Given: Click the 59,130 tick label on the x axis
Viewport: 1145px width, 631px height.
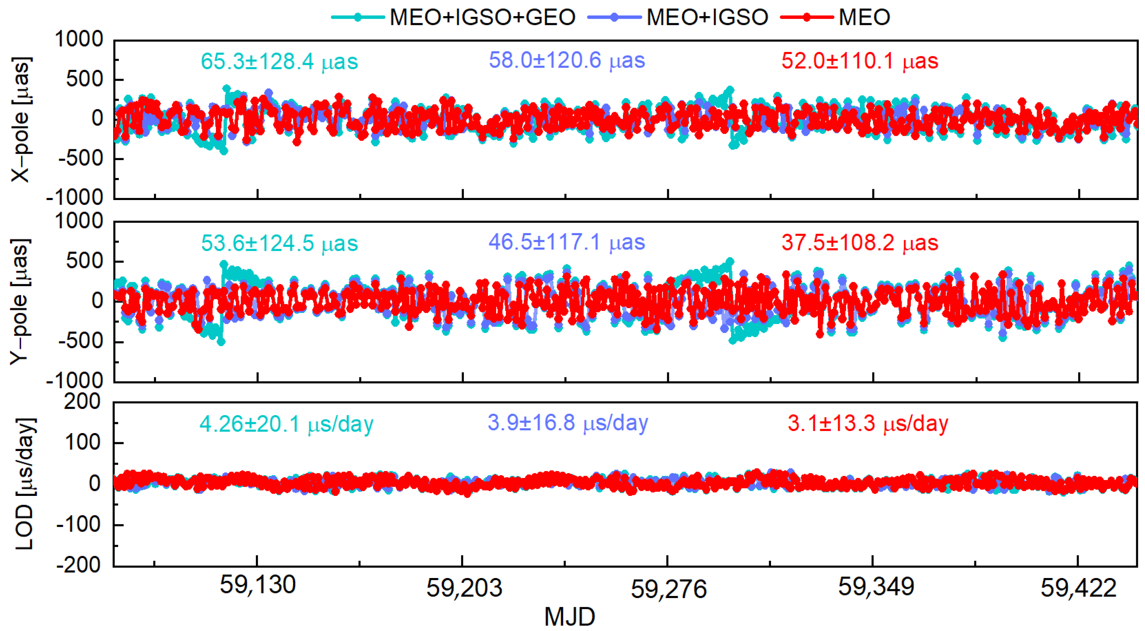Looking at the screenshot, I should point(257,585).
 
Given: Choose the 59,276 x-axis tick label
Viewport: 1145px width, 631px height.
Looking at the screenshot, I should point(668,589).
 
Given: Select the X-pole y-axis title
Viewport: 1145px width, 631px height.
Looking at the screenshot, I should point(20,119).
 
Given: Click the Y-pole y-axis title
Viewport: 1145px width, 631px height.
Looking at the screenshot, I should point(20,302).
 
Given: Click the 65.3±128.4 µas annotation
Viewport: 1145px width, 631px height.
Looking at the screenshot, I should point(279,61).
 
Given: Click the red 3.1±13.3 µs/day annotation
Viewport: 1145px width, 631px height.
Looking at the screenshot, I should point(868,423).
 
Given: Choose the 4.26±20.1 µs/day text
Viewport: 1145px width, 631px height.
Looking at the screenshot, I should point(286,424).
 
